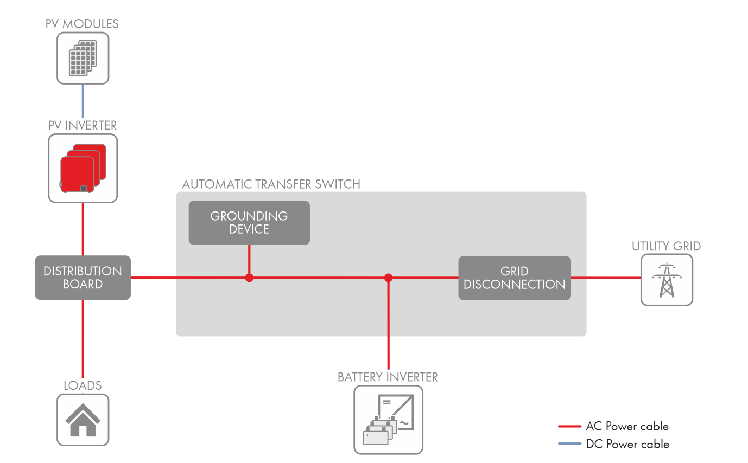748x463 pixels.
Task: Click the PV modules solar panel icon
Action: (x=83, y=57)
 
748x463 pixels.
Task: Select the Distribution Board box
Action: (x=83, y=278)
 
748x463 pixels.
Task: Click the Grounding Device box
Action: (x=249, y=222)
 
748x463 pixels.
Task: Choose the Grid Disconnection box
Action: (x=515, y=278)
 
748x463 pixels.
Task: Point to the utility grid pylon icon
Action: (x=667, y=280)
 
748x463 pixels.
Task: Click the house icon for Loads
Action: (x=83, y=420)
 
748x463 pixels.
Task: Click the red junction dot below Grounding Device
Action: (x=249, y=278)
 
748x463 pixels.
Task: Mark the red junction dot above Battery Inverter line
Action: (x=388, y=278)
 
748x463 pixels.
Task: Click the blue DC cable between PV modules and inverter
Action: (x=83, y=102)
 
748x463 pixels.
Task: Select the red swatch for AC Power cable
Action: (x=569, y=427)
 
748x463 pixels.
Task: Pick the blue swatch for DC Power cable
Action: (x=569, y=444)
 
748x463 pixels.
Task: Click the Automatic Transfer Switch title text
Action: (x=271, y=184)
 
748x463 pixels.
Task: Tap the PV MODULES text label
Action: (x=83, y=24)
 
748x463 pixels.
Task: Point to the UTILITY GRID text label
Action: (x=666, y=247)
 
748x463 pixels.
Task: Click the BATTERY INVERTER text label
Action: (x=388, y=377)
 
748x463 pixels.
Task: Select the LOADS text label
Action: (x=83, y=385)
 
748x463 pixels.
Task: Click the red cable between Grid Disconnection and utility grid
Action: (x=605, y=278)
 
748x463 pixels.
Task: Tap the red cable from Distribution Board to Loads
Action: (x=83, y=339)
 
